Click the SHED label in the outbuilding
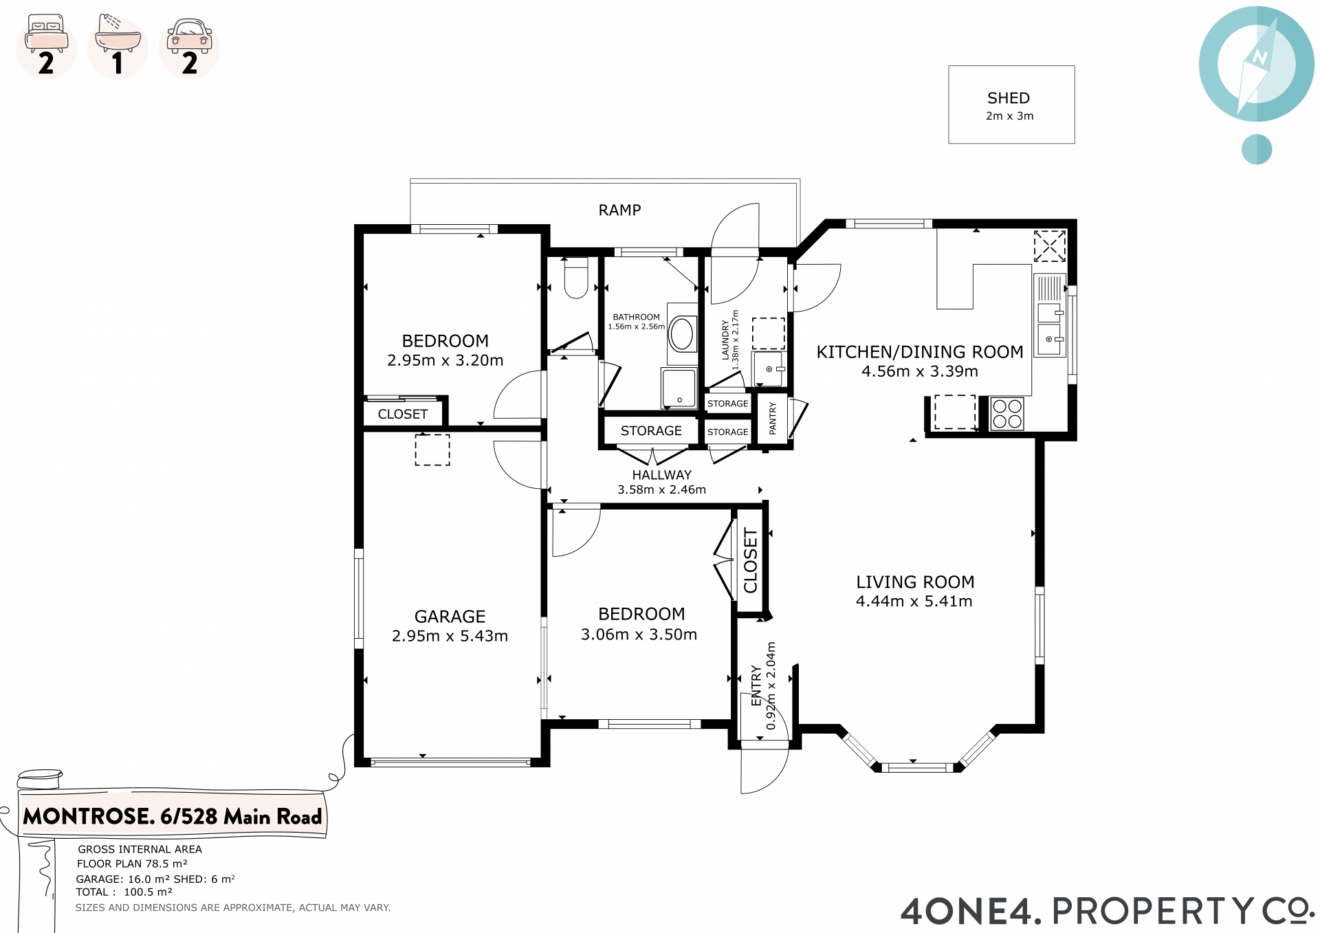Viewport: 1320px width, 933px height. (x=1009, y=98)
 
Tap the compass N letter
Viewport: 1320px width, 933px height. (x=1259, y=57)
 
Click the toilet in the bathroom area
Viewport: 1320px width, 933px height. (x=576, y=278)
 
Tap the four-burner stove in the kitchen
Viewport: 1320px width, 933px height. (x=1007, y=414)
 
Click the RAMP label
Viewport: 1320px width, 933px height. (x=619, y=210)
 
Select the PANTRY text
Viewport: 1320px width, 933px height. (x=772, y=418)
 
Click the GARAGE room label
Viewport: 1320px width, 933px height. (x=450, y=617)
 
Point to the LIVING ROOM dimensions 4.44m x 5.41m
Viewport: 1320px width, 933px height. (x=914, y=602)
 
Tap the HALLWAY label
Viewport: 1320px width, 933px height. (x=662, y=475)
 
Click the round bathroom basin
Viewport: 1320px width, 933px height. (x=682, y=334)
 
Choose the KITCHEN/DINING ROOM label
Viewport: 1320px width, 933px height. (x=920, y=352)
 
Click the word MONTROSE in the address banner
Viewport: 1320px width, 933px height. (x=89, y=817)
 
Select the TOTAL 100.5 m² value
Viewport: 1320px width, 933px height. (x=148, y=892)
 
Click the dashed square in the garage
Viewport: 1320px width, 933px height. (x=432, y=450)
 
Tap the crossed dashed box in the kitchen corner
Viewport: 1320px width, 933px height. (x=1050, y=246)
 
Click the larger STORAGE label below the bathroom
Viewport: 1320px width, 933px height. (x=651, y=431)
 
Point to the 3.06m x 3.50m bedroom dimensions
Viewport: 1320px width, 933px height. (x=639, y=635)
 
